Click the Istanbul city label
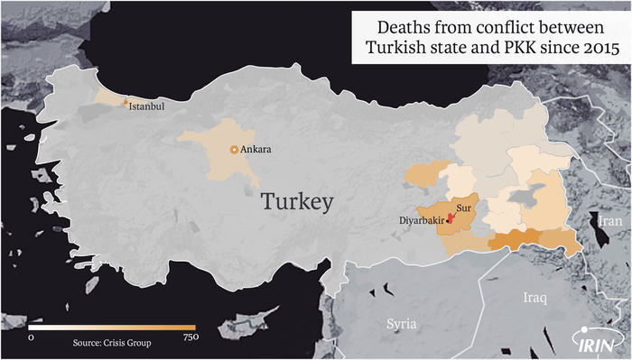point(148,106)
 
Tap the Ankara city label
point(256,150)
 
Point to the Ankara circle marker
point(235,150)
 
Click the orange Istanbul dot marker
point(125,103)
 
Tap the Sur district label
point(464,208)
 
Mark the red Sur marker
point(451,216)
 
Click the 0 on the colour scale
point(32,337)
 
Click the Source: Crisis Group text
point(112,343)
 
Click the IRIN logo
point(597,339)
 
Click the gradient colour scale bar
point(112,327)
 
